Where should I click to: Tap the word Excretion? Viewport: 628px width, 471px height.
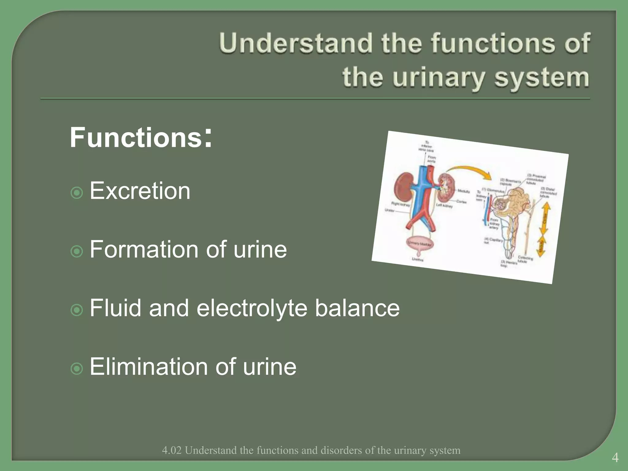(140, 191)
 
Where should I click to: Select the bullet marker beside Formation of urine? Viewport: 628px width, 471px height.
(77, 252)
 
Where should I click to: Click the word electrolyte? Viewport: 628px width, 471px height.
(252, 308)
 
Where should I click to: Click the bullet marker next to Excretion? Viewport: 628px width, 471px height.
(77, 193)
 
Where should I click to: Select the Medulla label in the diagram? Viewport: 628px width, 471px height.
(463, 191)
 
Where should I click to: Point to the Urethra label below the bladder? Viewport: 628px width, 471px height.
(417, 259)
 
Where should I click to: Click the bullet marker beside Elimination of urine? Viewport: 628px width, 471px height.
(77, 369)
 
